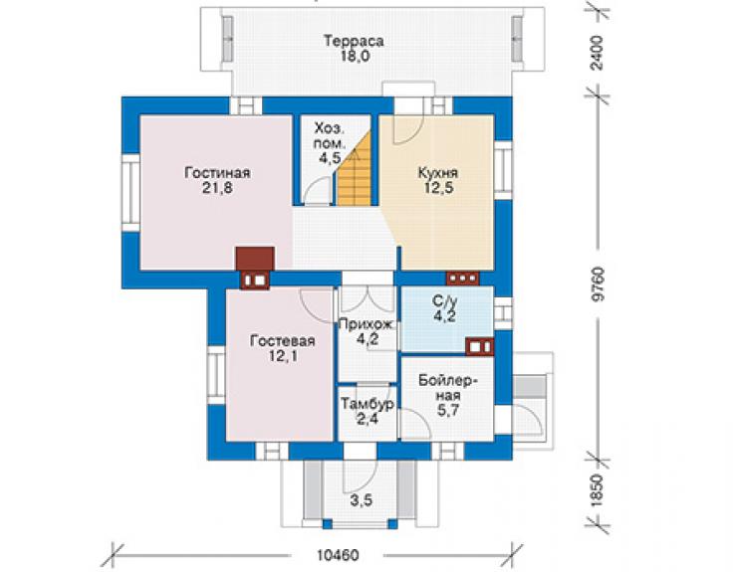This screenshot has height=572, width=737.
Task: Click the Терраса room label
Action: coord(354,42)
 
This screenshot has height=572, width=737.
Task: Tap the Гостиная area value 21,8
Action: coord(217,188)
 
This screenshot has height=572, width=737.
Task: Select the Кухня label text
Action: coord(438,173)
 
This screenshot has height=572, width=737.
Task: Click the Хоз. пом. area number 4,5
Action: coord(330,158)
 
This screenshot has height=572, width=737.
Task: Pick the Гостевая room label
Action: coord(283,341)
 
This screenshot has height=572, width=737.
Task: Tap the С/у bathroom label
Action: coord(444,300)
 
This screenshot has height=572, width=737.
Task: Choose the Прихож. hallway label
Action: coord(368,324)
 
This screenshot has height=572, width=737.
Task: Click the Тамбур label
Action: coord(368,404)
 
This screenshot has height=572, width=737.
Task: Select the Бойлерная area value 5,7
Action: coord(448,411)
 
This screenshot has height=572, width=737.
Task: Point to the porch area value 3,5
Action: coord(362,500)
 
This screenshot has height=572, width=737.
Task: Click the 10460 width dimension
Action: coord(338,555)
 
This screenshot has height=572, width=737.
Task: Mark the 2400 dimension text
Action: coord(597,52)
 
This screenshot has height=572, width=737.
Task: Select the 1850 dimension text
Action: coord(597,490)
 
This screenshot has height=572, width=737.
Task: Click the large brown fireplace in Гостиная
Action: coord(255,259)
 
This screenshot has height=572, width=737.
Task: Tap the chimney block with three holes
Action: coord(462,278)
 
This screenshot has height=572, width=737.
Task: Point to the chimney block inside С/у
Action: coord(479,346)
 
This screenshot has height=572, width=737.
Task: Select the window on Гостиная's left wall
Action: coord(131,193)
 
